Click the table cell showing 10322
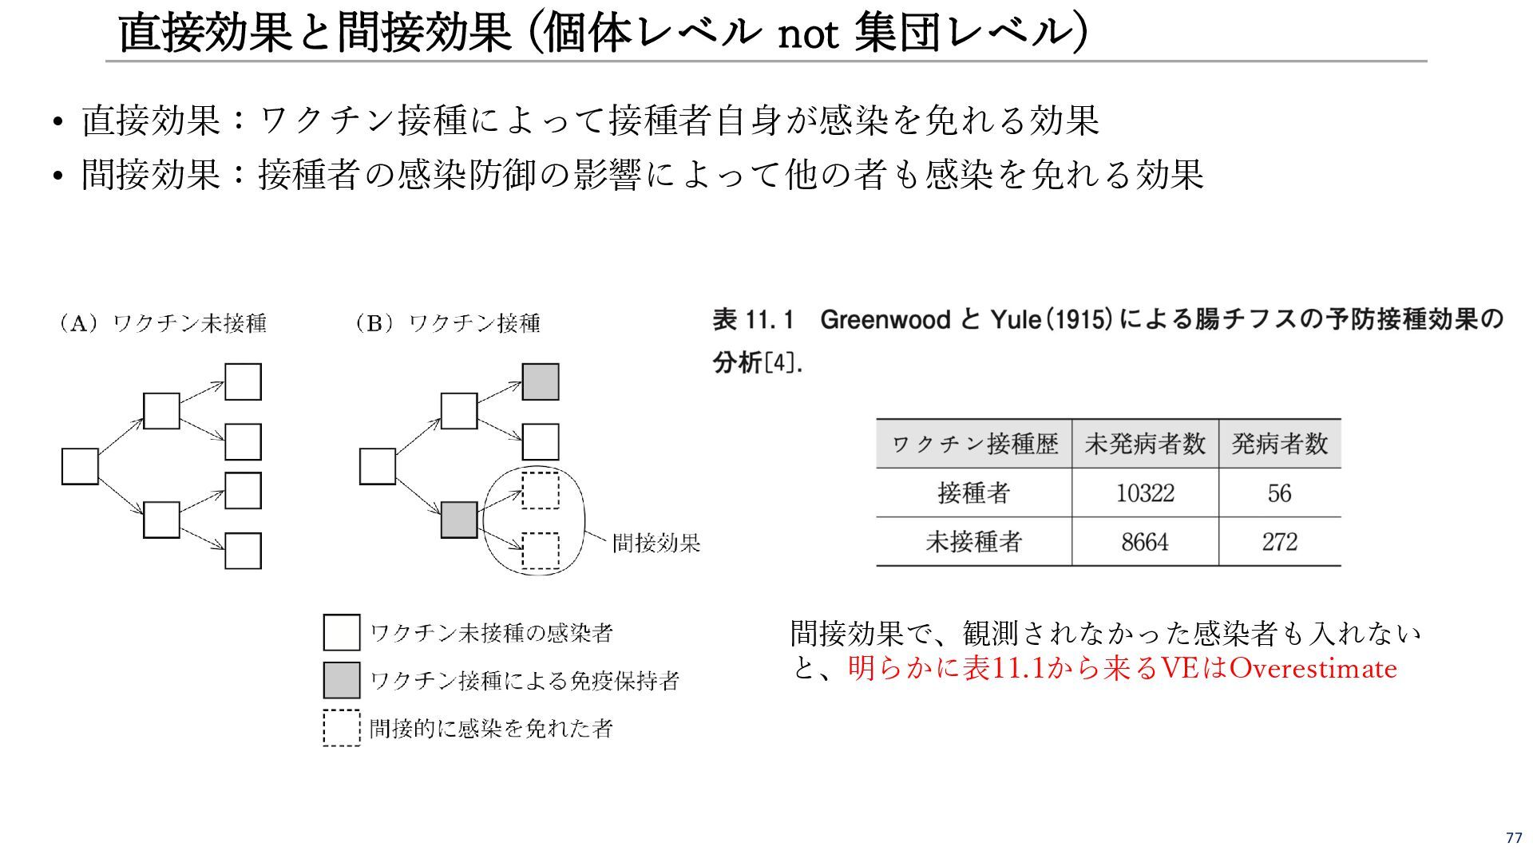(1144, 493)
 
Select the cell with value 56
(1279, 493)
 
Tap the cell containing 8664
(1144, 542)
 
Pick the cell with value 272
(1279, 542)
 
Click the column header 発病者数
(1279, 444)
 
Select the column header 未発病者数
(1144, 444)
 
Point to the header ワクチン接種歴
(974, 444)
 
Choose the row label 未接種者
(973, 542)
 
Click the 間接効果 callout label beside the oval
(656, 544)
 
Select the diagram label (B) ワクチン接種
(447, 323)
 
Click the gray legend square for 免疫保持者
(341, 680)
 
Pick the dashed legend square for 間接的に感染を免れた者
(341, 728)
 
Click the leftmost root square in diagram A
(80, 467)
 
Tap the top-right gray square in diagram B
(541, 382)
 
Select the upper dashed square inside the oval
(541, 491)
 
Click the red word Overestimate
(1313, 668)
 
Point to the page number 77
(1514, 837)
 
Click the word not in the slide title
(807, 34)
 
